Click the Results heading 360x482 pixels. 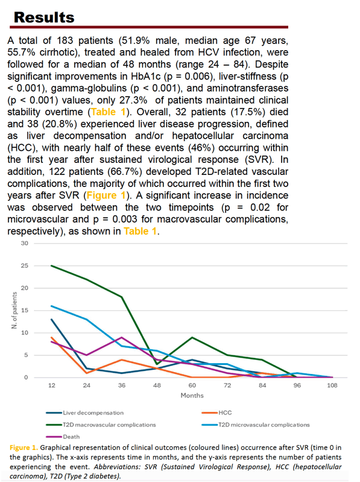[44, 17]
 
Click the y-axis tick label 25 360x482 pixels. [25, 265]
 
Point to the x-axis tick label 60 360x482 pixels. [192, 385]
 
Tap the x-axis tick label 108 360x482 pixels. [332, 385]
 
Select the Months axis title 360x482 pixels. [192, 395]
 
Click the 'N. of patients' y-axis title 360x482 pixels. [14, 310]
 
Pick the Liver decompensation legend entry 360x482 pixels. [85, 413]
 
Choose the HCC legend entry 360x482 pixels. [217, 413]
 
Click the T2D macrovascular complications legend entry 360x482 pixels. [101, 425]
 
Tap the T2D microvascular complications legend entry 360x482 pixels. [256, 425]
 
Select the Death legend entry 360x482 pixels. [63, 437]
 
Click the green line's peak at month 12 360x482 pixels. [52, 265]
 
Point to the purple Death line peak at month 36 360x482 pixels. [122, 337]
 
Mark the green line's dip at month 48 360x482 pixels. [157, 364]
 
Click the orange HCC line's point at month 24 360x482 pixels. [87, 373]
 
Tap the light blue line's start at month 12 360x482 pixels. [52, 306]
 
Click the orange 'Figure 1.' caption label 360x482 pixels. [24, 448]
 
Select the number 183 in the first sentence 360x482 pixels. [65, 40]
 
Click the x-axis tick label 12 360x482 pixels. [52, 385]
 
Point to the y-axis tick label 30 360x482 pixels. [25, 243]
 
